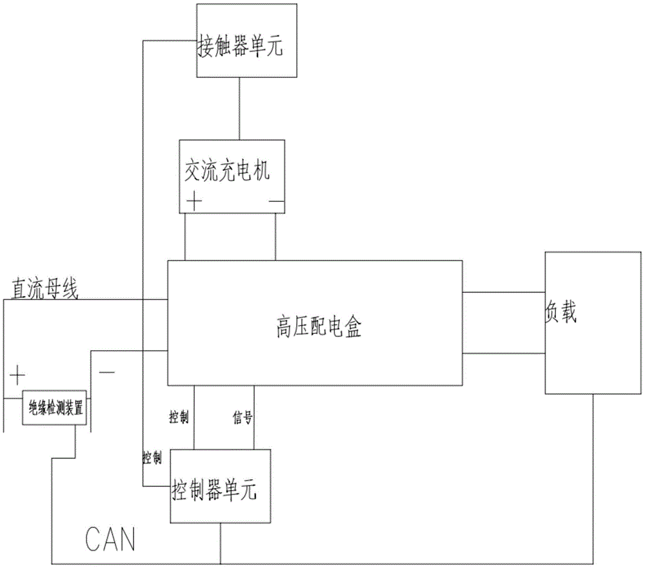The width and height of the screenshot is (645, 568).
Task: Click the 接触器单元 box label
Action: (x=239, y=47)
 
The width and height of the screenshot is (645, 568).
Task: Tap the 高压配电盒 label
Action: (x=315, y=329)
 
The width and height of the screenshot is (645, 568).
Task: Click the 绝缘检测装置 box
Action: (x=55, y=407)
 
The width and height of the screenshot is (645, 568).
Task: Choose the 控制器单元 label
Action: (x=214, y=492)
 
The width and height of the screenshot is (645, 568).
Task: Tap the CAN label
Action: (x=110, y=539)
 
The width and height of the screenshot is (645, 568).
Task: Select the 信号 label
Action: (x=242, y=418)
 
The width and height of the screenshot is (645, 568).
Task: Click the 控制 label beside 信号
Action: (x=178, y=418)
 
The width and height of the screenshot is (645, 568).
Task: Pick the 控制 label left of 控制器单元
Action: (x=152, y=458)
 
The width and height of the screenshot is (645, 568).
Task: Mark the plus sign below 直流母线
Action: (x=17, y=373)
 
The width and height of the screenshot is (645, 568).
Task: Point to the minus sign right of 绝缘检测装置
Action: (x=106, y=373)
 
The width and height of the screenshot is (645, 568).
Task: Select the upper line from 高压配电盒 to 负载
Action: (x=503, y=292)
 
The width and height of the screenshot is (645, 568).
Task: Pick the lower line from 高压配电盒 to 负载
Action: (x=503, y=353)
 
